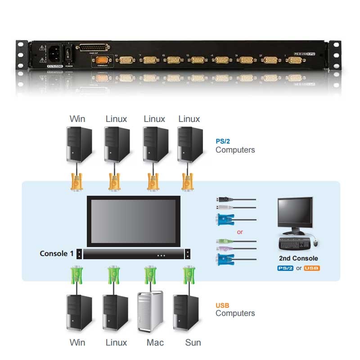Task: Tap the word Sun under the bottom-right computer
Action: coord(193,342)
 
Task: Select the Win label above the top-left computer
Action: coord(77,119)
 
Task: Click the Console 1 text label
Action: coord(56,254)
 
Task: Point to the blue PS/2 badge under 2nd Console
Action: coord(285,268)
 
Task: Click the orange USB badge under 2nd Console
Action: coord(312,268)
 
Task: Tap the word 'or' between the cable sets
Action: coord(240,232)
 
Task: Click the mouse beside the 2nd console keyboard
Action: coord(315,243)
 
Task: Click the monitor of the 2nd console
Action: coord(296,213)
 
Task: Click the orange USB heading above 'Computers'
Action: coord(222,305)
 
